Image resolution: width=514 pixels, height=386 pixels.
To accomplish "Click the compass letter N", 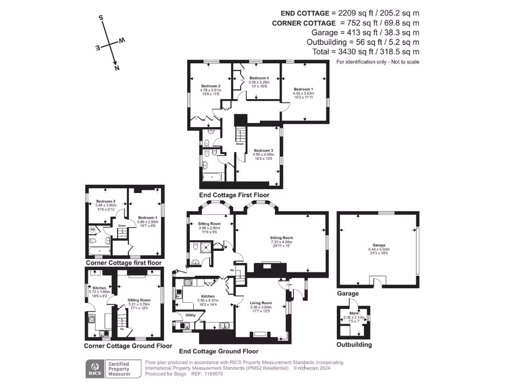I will pyautogui.click(x=116, y=68).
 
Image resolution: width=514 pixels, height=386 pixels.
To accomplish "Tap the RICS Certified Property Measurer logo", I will pyautogui.click(x=108, y=368).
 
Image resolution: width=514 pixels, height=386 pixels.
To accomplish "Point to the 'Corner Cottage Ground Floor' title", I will pyautogui.click(x=128, y=346).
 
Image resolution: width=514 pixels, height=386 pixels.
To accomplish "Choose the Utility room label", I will pyautogui.click(x=190, y=315).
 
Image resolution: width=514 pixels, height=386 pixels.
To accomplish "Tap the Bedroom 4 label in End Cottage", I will pyautogui.click(x=259, y=78).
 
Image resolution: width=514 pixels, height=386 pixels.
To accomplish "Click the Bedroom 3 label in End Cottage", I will pyautogui.click(x=264, y=150).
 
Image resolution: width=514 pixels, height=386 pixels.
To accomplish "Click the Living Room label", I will pyautogui.click(x=261, y=303).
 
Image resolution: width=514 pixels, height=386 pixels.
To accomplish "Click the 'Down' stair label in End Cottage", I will pyautogui.click(x=240, y=144).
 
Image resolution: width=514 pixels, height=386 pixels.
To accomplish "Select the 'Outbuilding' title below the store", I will pyautogui.click(x=354, y=345).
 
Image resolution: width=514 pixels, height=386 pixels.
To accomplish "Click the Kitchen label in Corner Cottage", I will pyautogui.click(x=99, y=288).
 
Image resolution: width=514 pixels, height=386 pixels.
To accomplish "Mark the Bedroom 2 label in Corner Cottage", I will pyautogui.click(x=106, y=201).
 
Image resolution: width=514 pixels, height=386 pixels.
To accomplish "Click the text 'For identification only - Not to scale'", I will pyautogui.click(x=377, y=62).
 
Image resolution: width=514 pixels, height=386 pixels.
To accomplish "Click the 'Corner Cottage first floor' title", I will pyautogui.click(x=123, y=263).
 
